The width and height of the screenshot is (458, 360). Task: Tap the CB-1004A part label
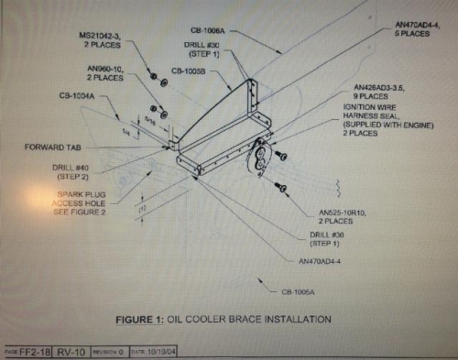click(78, 94)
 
